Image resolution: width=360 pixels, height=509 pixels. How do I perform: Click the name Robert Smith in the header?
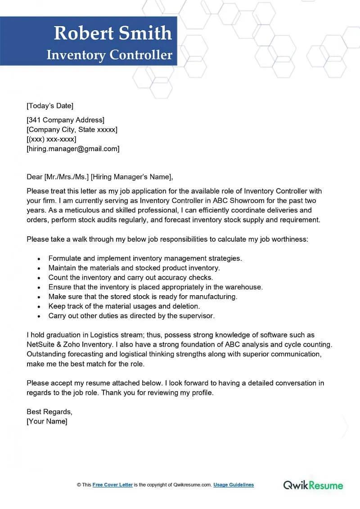pos(112,33)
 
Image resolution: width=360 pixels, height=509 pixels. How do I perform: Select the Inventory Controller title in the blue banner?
pos(109,55)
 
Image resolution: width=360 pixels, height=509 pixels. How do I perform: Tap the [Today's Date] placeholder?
pos(50,106)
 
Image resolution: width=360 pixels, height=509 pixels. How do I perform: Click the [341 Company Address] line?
pos(66,120)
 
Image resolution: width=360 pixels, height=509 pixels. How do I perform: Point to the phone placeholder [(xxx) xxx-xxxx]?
pos(51,139)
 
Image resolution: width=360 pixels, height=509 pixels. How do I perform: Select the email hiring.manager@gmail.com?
pos(73,149)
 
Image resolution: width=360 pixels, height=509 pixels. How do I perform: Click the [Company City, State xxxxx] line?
pos(72,130)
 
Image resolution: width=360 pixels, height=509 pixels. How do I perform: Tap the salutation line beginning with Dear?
pos(99,176)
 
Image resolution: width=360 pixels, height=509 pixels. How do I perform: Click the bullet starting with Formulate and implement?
pos(145,258)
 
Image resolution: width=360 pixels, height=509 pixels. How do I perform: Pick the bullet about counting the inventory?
pos(130,278)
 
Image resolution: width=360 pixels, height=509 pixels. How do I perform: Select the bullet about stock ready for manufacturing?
pos(143,297)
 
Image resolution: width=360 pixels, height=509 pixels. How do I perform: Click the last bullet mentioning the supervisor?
pos(131,316)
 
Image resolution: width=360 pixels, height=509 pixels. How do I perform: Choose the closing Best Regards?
pos(49,412)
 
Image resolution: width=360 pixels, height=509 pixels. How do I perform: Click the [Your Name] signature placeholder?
pos(47,422)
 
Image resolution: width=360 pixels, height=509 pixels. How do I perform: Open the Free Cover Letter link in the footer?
pos(112,485)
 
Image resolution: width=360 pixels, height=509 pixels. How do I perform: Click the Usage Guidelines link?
pos(234,485)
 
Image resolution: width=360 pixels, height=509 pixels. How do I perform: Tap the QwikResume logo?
pos(313,485)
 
